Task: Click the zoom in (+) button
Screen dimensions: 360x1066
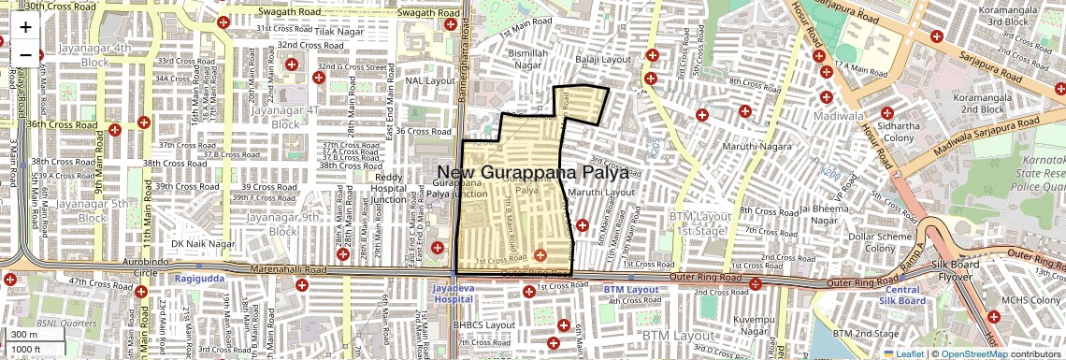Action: [25, 27]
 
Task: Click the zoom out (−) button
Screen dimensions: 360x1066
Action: [25, 54]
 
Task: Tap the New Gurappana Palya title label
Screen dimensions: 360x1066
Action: [532, 173]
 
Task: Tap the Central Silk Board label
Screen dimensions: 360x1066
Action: [905, 295]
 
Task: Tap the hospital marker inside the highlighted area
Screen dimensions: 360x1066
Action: [540, 254]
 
